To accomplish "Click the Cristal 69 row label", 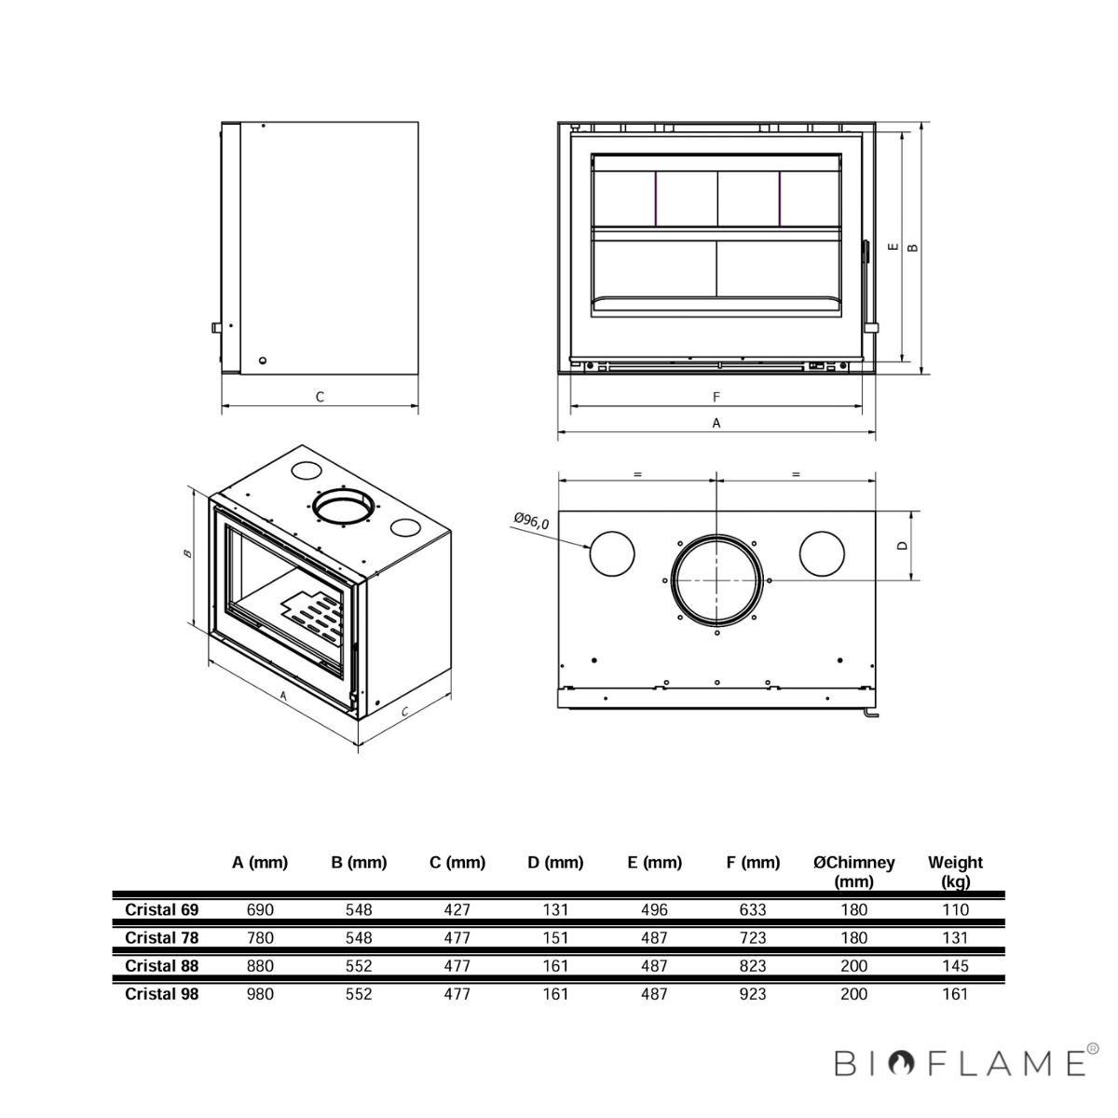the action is [162, 909].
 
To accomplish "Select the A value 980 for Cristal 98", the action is [260, 994].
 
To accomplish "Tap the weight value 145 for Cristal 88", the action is [955, 966].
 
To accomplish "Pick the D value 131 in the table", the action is [555, 909].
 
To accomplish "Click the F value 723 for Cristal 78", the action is [753, 938].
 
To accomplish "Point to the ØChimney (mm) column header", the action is [853, 872].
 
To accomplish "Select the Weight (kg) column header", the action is [955, 872].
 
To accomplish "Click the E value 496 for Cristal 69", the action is [654, 909].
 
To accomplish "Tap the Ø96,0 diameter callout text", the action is [531, 521].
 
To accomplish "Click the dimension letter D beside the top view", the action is [902, 545].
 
